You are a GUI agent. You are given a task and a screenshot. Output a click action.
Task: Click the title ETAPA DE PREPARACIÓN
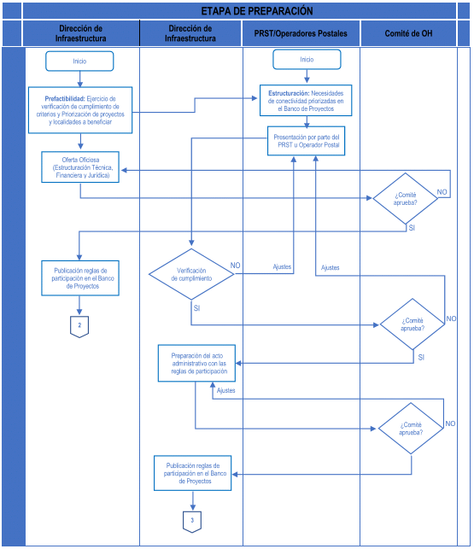coord(257,11)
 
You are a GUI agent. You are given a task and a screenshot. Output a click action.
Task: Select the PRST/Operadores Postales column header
coord(301,33)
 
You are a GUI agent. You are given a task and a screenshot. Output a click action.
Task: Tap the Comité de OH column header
coord(408,33)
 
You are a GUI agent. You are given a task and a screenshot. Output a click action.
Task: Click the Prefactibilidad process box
coord(80,110)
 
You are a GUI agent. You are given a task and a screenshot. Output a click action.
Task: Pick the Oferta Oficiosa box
coord(80,167)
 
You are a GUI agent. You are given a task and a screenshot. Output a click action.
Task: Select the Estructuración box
coord(306,101)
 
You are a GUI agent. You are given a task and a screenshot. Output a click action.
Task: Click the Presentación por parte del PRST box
coord(307,141)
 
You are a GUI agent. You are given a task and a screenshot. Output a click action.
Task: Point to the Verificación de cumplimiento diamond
coord(191,274)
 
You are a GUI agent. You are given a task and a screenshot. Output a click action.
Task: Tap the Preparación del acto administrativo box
coord(197,363)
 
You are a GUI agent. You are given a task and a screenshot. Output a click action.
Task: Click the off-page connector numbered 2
coord(79,326)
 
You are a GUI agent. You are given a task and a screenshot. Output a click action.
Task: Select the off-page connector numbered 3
coord(192,522)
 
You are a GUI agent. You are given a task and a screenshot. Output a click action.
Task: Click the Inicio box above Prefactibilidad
coord(79,61)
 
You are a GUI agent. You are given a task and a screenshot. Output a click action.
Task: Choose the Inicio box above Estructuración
coord(307,60)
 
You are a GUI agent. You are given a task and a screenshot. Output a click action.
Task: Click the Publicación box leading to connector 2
coord(80,278)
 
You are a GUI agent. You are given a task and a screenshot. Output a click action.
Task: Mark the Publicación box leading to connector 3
coord(193,473)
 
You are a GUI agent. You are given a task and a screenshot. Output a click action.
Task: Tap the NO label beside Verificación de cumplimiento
coord(236,266)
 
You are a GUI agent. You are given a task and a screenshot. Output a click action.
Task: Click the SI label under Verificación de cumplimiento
coord(196,308)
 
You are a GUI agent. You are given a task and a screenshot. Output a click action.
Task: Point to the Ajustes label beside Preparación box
coord(226,390)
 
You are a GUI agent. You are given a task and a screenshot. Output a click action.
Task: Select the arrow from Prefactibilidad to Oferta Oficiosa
coord(80,142)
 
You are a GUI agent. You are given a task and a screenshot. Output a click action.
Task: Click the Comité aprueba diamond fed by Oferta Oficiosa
coord(406,199)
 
